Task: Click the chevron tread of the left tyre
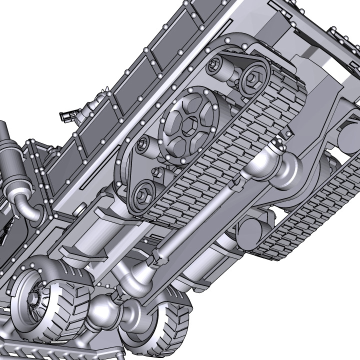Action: coord(70,310)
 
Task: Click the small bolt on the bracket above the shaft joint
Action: coord(288,134)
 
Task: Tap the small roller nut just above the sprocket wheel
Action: coord(216,63)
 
